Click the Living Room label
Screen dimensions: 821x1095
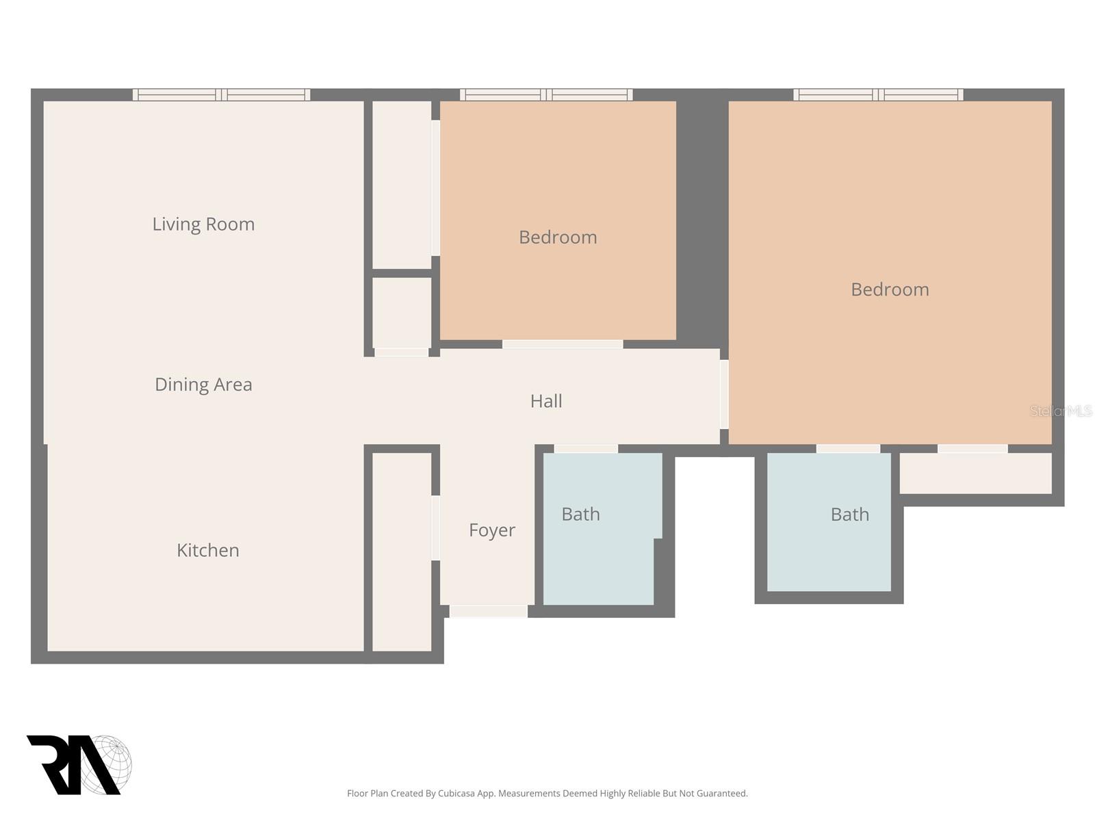click(x=203, y=224)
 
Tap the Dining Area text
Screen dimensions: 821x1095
click(x=203, y=385)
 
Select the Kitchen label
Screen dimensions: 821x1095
click(x=208, y=551)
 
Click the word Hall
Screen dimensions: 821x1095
click(x=546, y=401)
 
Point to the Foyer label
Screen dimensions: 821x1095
click(x=491, y=530)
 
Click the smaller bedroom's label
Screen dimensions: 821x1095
click(x=558, y=237)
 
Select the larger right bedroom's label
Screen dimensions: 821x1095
click(x=890, y=289)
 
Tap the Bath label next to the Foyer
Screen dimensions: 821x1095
click(x=580, y=514)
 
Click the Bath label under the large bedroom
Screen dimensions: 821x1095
click(x=849, y=514)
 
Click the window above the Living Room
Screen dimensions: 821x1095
click(x=221, y=95)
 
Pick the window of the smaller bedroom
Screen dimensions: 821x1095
click(x=546, y=95)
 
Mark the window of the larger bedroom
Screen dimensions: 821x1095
click(x=878, y=95)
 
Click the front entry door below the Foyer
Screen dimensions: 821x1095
click(x=488, y=611)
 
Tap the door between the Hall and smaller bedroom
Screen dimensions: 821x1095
click(x=563, y=344)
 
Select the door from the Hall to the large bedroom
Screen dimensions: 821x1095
click(x=724, y=394)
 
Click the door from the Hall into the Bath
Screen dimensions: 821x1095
click(x=586, y=449)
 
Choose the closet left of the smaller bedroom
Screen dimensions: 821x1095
click(x=402, y=185)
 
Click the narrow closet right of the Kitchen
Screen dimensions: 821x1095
click(x=402, y=551)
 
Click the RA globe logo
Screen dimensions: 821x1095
click(x=79, y=765)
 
